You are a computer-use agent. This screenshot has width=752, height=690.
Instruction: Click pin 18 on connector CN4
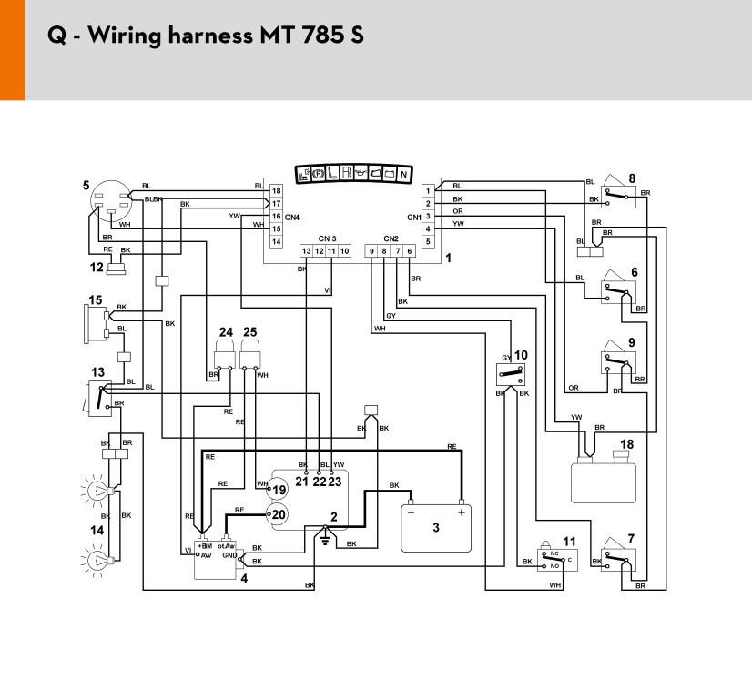click(x=276, y=190)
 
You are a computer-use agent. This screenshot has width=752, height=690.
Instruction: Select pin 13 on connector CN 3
click(x=307, y=250)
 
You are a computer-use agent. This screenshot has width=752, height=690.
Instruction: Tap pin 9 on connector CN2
click(x=371, y=250)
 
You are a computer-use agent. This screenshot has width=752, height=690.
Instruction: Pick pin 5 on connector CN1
click(x=426, y=241)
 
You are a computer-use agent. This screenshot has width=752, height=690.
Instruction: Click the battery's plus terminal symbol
click(x=462, y=512)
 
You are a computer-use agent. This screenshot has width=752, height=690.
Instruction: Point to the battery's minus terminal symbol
click(x=412, y=512)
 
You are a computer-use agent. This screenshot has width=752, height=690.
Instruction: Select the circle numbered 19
click(x=278, y=490)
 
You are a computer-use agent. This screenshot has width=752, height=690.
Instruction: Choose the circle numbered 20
click(x=278, y=514)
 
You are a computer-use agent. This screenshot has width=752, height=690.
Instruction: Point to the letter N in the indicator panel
click(x=402, y=173)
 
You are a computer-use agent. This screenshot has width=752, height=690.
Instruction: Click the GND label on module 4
click(x=229, y=554)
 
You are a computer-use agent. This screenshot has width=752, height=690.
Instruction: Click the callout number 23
click(x=335, y=481)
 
